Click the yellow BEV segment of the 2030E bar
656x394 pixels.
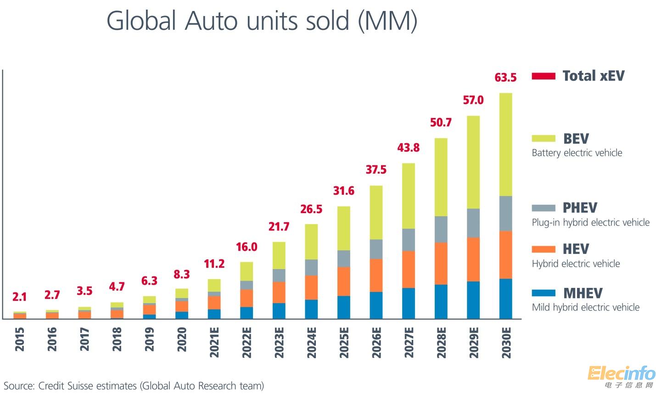pos(505,145)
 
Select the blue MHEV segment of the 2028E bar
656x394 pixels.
pos(441,302)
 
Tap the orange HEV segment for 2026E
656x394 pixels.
pos(376,276)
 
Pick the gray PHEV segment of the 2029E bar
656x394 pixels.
pos(473,223)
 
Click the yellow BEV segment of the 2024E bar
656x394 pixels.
pos(311,242)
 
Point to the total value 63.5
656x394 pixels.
pos(505,78)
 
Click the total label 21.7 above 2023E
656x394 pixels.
pos(279,226)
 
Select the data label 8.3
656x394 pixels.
pos(182,275)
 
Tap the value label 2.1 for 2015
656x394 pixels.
pos(20,297)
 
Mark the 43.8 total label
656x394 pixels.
pos(409,148)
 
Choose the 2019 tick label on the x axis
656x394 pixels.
pos(150,339)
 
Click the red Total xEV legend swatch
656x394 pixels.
pos(544,76)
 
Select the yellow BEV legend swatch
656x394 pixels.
pos(544,138)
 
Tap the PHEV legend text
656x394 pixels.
pos(580,208)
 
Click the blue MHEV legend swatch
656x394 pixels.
pos(544,293)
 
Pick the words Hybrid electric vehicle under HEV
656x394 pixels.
pos(576,264)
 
